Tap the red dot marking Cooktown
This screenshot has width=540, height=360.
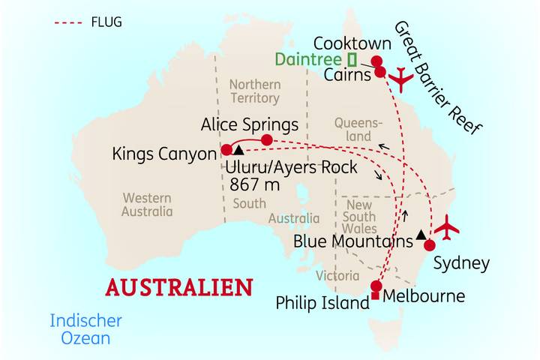pos(377,61)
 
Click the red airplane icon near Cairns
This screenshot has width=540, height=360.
pos(402,78)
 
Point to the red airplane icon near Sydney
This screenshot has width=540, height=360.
pos(448,227)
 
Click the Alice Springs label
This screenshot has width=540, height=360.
pos(250,124)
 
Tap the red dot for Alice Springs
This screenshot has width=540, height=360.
pos(266,139)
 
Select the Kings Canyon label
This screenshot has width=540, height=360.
pos(163,154)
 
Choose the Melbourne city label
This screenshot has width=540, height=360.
pos(424,296)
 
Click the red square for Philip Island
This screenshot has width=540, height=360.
pos(375,298)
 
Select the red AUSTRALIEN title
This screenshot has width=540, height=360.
pos(179,287)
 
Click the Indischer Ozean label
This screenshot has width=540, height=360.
pos(85,329)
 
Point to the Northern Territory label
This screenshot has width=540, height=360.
pos(254,91)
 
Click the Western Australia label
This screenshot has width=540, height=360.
pos(147,205)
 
